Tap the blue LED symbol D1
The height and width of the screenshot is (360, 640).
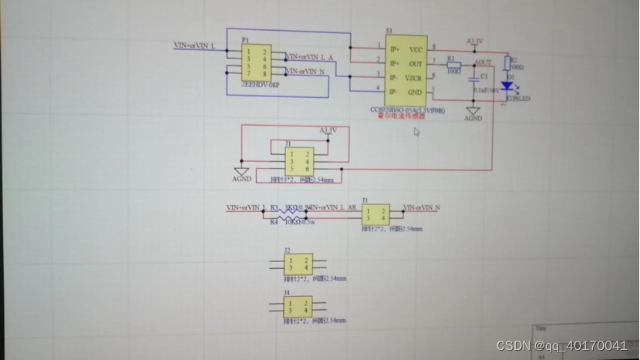(x=507, y=86)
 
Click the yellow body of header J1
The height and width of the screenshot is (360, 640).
(x=298, y=162)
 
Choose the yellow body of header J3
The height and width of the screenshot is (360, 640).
(x=376, y=214)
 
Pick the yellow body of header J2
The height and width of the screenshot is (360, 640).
(x=298, y=264)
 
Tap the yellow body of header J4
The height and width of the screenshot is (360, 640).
(x=298, y=305)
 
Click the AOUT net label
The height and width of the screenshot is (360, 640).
(x=483, y=62)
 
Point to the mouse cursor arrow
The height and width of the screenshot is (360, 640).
(x=416, y=132)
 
